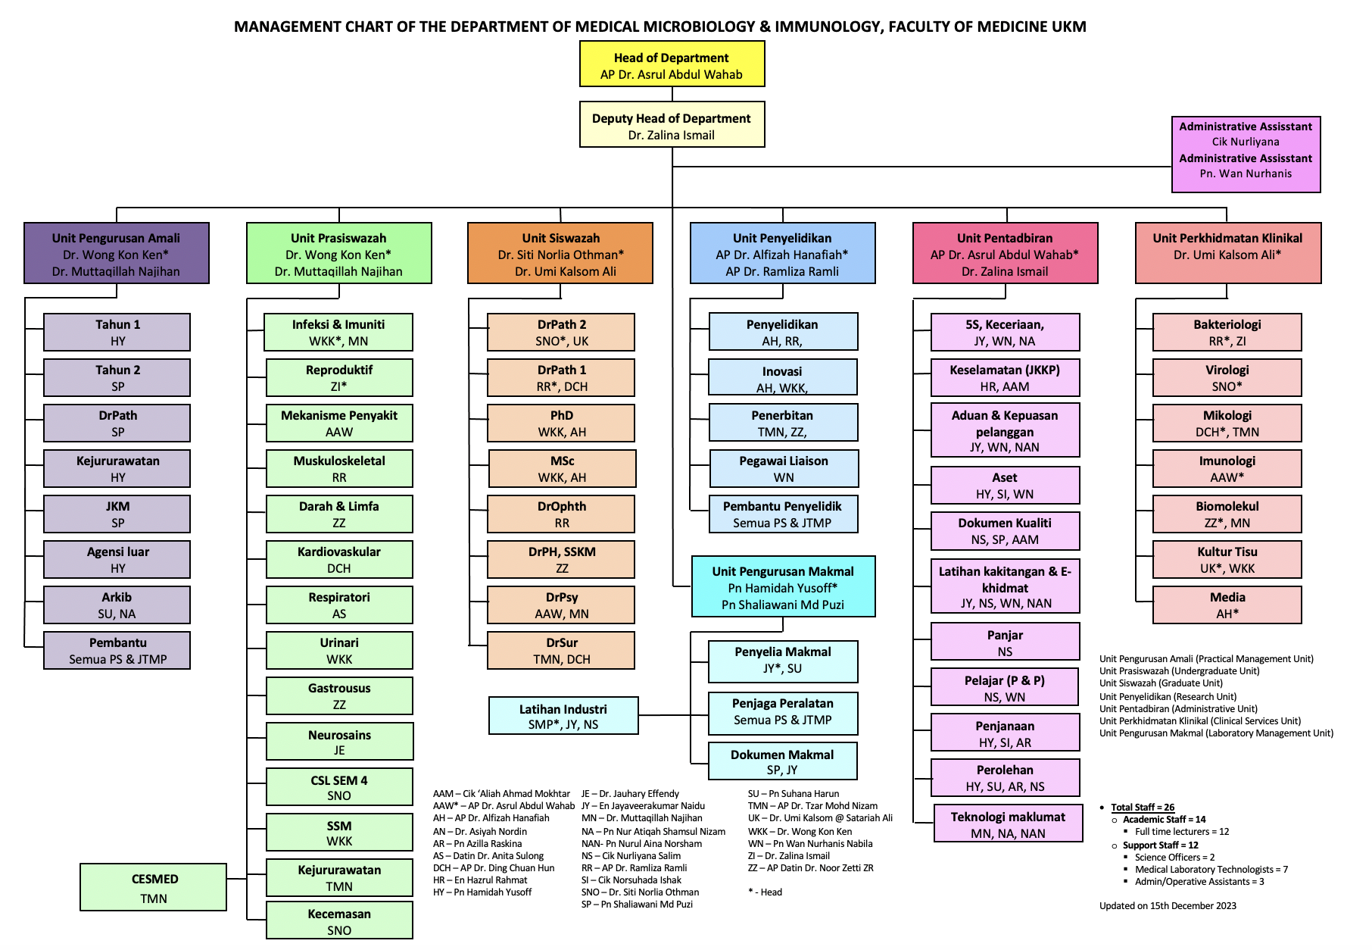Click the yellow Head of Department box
[672, 64]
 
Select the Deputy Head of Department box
[672, 125]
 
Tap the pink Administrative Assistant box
[1246, 155]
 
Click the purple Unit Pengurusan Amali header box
[116, 254]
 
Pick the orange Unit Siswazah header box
[560, 254]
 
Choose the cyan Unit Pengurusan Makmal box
[783, 587]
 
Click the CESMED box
[154, 887]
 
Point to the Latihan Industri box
[563, 716]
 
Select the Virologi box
[1227, 377]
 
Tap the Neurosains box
[339, 742]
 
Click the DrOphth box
[561, 514]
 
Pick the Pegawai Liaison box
[784, 468]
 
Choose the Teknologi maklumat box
[1008, 823]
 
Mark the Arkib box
[117, 605]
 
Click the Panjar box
[1005, 642]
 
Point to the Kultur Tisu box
[1227, 559]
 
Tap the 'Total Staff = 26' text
[1143, 808]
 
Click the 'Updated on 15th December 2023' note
[1168, 906]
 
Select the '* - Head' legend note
[765, 892]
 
